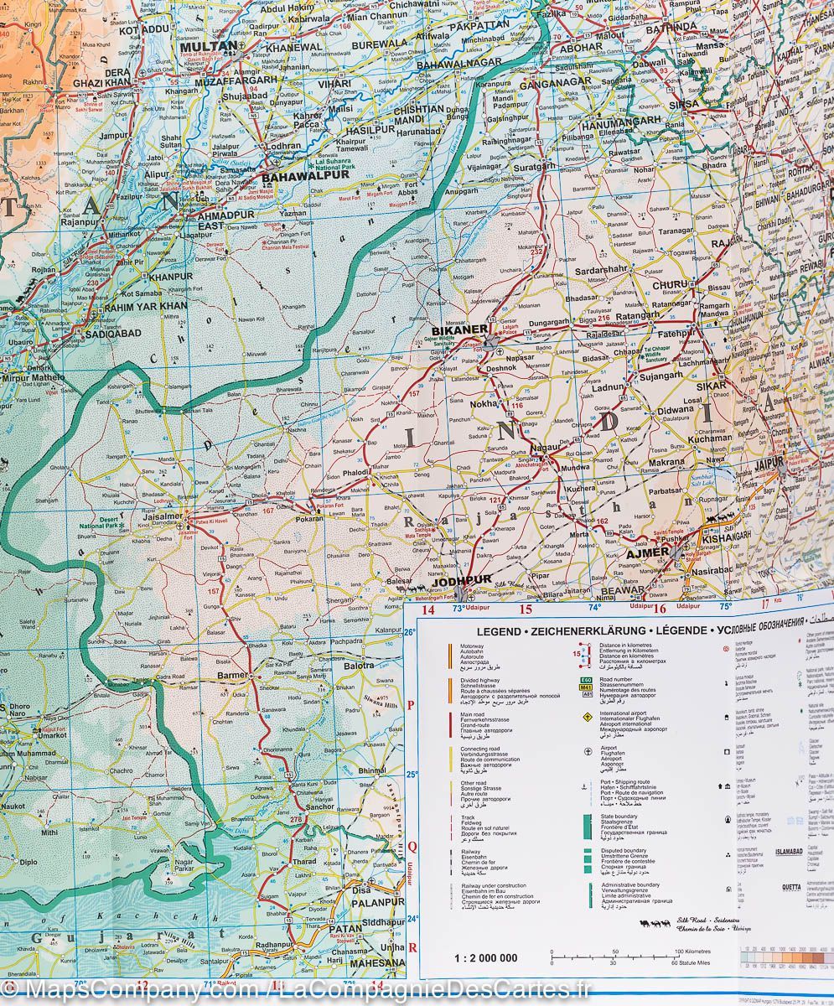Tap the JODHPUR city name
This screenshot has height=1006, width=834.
pos(460,580)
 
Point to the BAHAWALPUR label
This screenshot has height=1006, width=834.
pos(293,178)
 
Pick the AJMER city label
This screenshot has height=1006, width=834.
pos(648,552)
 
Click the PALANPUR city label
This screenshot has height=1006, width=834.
pos(377,902)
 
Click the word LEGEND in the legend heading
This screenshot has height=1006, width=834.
pos(500,631)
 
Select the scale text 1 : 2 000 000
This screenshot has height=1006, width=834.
pos(485,958)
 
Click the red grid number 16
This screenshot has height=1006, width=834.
pos(660,609)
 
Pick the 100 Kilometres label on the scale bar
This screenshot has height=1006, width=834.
pos(691,952)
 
